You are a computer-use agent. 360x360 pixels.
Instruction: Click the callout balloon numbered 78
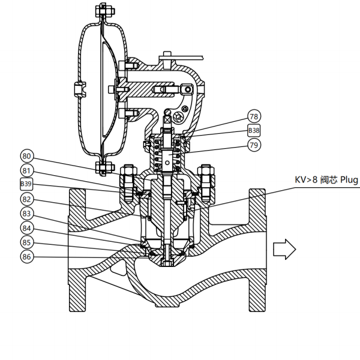click(254, 116)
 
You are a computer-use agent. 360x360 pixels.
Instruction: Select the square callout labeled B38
click(254, 131)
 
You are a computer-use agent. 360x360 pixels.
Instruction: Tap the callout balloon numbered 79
click(254, 145)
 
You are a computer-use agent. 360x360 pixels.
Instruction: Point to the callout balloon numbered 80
click(26, 155)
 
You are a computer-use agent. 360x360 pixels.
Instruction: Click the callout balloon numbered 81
click(26, 170)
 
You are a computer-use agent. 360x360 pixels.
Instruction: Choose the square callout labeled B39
click(26, 184)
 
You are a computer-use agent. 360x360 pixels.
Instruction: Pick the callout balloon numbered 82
click(26, 199)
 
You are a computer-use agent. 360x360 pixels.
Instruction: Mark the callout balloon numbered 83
click(26, 214)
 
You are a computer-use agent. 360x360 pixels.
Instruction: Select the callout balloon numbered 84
click(26, 228)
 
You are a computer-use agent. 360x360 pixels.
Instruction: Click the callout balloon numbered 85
click(26, 242)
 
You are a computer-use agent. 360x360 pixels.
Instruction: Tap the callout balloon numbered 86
click(26, 257)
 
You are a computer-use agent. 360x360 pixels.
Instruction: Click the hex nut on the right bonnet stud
click(206, 175)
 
